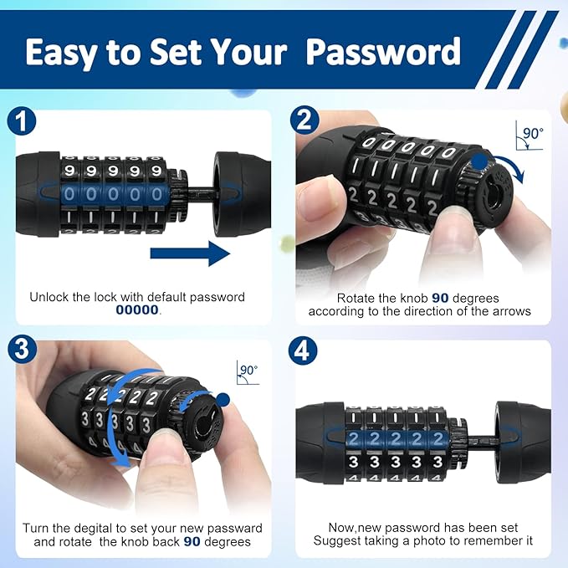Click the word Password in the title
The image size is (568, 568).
(383, 52)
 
